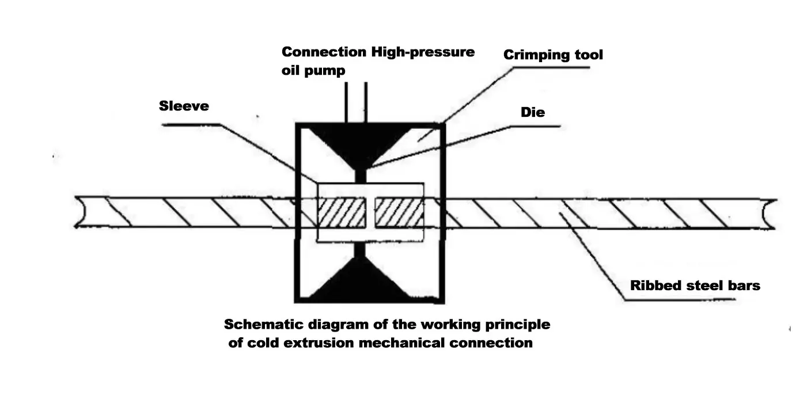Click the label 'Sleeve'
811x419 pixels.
[184, 106]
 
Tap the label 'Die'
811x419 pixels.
[532, 112]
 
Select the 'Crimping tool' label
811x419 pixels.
[553, 55]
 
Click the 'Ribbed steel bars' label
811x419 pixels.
[695, 285]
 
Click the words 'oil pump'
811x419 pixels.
[313, 71]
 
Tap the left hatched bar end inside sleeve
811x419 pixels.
[342, 212]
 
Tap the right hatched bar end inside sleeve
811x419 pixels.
[399, 212]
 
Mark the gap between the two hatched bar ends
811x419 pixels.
[370, 212]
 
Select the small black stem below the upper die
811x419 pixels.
[360, 175]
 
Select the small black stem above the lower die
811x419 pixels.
[360, 250]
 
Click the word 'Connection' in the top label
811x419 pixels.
[324, 52]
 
